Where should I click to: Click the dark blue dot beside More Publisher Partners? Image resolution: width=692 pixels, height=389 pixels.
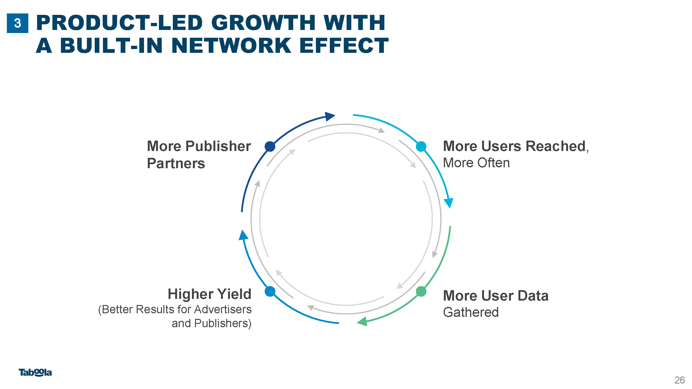click(x=270, y=146)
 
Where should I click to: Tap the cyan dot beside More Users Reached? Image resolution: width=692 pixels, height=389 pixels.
click(x=421, y=146)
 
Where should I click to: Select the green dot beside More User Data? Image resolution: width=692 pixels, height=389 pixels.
click(x=421, y=291)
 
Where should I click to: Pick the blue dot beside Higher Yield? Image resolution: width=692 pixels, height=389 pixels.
click(x=270, y=291)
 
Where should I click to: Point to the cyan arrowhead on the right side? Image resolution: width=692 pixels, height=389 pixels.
click(x=449, y=203)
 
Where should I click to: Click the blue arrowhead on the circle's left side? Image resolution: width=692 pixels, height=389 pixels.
click(x=243, y=235)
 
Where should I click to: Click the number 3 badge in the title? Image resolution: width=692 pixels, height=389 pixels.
click(x=17, y=23)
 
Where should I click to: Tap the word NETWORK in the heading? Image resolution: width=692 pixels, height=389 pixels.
click(x=231, y=46)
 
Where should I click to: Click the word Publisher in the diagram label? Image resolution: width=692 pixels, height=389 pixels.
click(x=218, y=146)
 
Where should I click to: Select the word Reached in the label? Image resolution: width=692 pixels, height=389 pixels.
click(x=555, y=146)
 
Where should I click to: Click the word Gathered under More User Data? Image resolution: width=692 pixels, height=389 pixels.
click(x=471, y=312)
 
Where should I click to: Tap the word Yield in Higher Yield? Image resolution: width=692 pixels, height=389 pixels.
click(x=234, y=294)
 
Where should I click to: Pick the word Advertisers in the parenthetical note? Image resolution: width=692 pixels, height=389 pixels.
click(x=223, y=309)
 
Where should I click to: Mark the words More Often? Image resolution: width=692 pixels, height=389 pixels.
click(x=476, y=163)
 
